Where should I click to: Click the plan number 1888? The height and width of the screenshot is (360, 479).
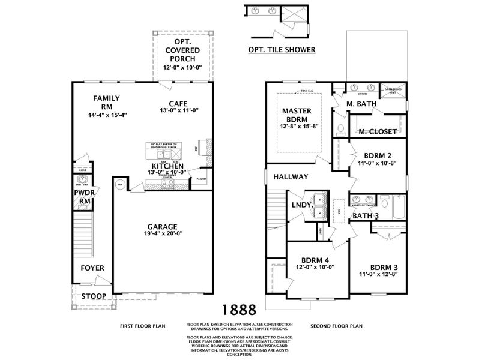tap(239, 310)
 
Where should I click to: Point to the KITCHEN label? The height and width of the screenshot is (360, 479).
tap(167, 166)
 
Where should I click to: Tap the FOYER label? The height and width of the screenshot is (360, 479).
tap(93, 268)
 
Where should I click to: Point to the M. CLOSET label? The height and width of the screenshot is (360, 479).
tap(375, 131)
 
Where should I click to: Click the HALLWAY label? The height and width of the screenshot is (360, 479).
tap(291, 177)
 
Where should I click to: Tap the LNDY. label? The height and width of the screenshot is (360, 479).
tap(301, 205)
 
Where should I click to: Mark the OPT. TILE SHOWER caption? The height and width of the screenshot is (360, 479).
tap(282, 50)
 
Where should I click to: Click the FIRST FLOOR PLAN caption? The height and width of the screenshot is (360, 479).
tap(142, 326)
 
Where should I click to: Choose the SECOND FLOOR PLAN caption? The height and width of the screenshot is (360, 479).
tap(336, 326)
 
